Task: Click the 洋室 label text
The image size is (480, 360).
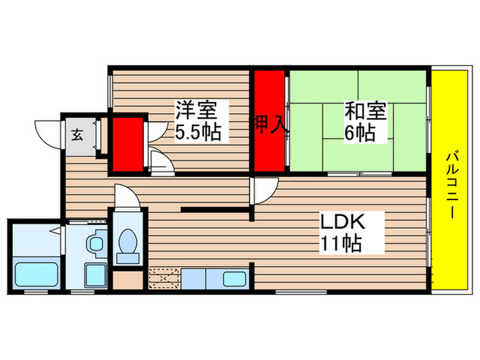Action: point(197,110)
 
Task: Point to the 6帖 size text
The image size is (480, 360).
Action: point(360,132)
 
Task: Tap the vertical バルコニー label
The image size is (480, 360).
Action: point(452,182)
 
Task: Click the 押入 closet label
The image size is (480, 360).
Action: point(267,125)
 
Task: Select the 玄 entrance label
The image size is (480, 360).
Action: point(77,134)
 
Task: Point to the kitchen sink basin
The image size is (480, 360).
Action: point(235,279)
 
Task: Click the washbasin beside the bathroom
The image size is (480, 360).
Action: point(95,242)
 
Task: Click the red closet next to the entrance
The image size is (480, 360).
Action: point(128,144)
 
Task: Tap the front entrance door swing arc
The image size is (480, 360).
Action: point(48,132)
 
